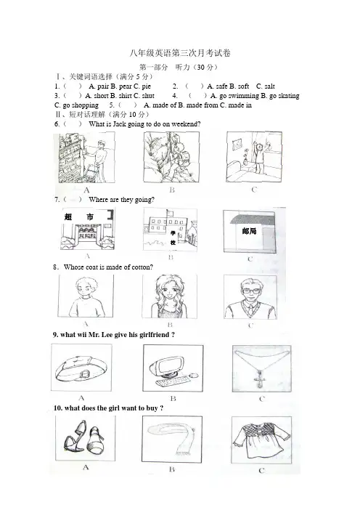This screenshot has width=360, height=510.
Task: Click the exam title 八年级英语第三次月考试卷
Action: [180, 53]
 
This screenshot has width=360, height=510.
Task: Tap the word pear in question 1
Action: [125, 86]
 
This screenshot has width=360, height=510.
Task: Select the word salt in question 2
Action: [269, 86]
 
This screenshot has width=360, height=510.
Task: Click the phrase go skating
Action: [285, 96]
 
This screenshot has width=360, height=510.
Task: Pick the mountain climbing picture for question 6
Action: [171, 157]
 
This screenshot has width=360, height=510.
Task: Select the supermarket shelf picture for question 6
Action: [87, 158]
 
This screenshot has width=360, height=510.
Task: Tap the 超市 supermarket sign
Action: [79, 217]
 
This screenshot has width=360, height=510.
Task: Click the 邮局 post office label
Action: [249, 231]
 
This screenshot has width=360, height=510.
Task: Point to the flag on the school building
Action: [170, 213]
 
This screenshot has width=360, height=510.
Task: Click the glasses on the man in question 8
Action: [250, 291]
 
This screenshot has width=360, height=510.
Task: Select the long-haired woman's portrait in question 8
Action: [170, 296]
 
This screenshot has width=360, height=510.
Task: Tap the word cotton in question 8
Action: [142, 267]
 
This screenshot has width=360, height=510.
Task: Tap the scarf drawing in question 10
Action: [172, 438]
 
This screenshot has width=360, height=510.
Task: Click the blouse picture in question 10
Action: [261, 441]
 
